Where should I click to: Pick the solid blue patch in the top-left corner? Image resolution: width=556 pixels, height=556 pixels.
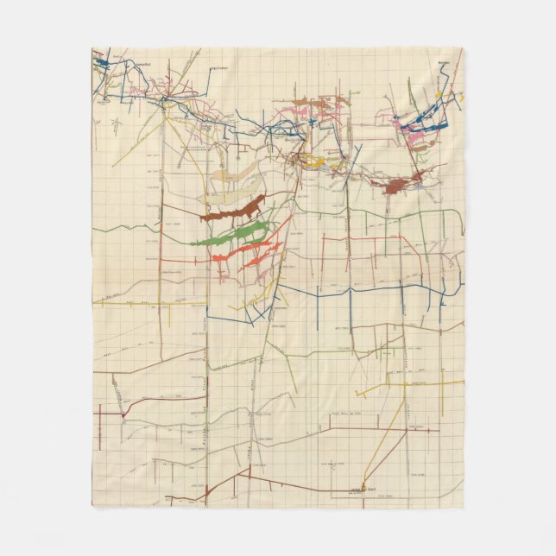coord(100,62)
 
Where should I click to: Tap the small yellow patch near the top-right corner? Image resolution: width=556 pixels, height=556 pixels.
coord(439,94)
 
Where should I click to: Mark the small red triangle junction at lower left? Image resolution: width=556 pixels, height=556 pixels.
coord(123,415)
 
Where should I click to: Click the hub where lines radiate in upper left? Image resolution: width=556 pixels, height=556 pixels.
coord(164,99)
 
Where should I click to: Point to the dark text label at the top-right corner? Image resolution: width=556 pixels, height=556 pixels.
coord(445,62)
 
